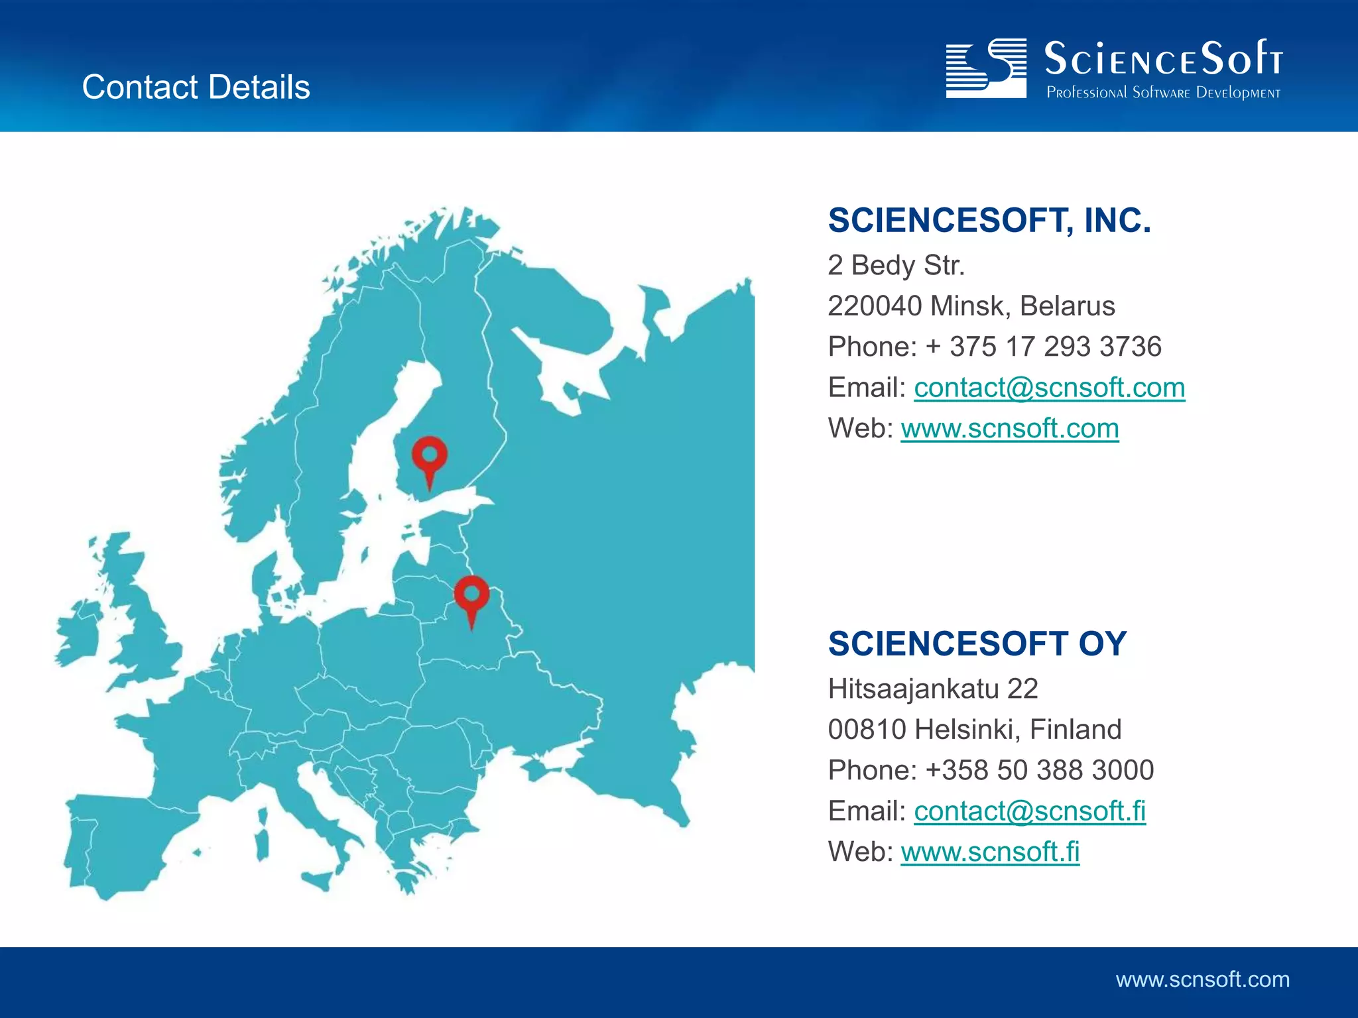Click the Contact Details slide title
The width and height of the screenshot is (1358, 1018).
pyautogui.click(x=196, y=87)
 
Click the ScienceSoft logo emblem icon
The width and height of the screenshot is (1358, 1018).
pyautogui.click(x=986, y=68)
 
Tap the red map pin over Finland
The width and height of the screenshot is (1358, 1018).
pyautogui.click(x=430, y=457)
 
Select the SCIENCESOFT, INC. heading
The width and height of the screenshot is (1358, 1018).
pyautogui.click(x=989, y=221)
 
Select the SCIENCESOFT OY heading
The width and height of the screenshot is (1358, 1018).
pyautogui.click(x=977, y=644)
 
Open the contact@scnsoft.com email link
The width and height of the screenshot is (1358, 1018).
pyautogui.click(x=1049, y=388)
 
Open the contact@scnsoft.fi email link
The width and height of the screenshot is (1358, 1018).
pyautogui.click(x=1030, y=811)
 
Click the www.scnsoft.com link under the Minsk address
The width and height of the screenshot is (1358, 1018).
pyautogui.click(x=1009, y=429)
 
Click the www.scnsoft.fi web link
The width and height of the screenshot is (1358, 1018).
pyautogui.click(x=990, y=852)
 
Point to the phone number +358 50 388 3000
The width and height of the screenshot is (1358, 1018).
pyautogui.click(x=1040, y=770)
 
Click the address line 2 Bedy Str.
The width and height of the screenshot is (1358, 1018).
pyautogui.click(x=896, y=265)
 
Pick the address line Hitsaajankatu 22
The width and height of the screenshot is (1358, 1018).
pyautogui.click(x=933, y=689)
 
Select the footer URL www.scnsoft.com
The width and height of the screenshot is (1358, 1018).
pyautogui.click(x=1202, y=980)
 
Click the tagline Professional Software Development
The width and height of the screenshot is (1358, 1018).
pyautogui.click(x=1163, y=93)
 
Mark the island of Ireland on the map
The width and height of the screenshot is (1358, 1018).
pyautogui.click(x=78, y=632)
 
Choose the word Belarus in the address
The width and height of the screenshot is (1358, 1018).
pyautogui.click(x=1067, y=306)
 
